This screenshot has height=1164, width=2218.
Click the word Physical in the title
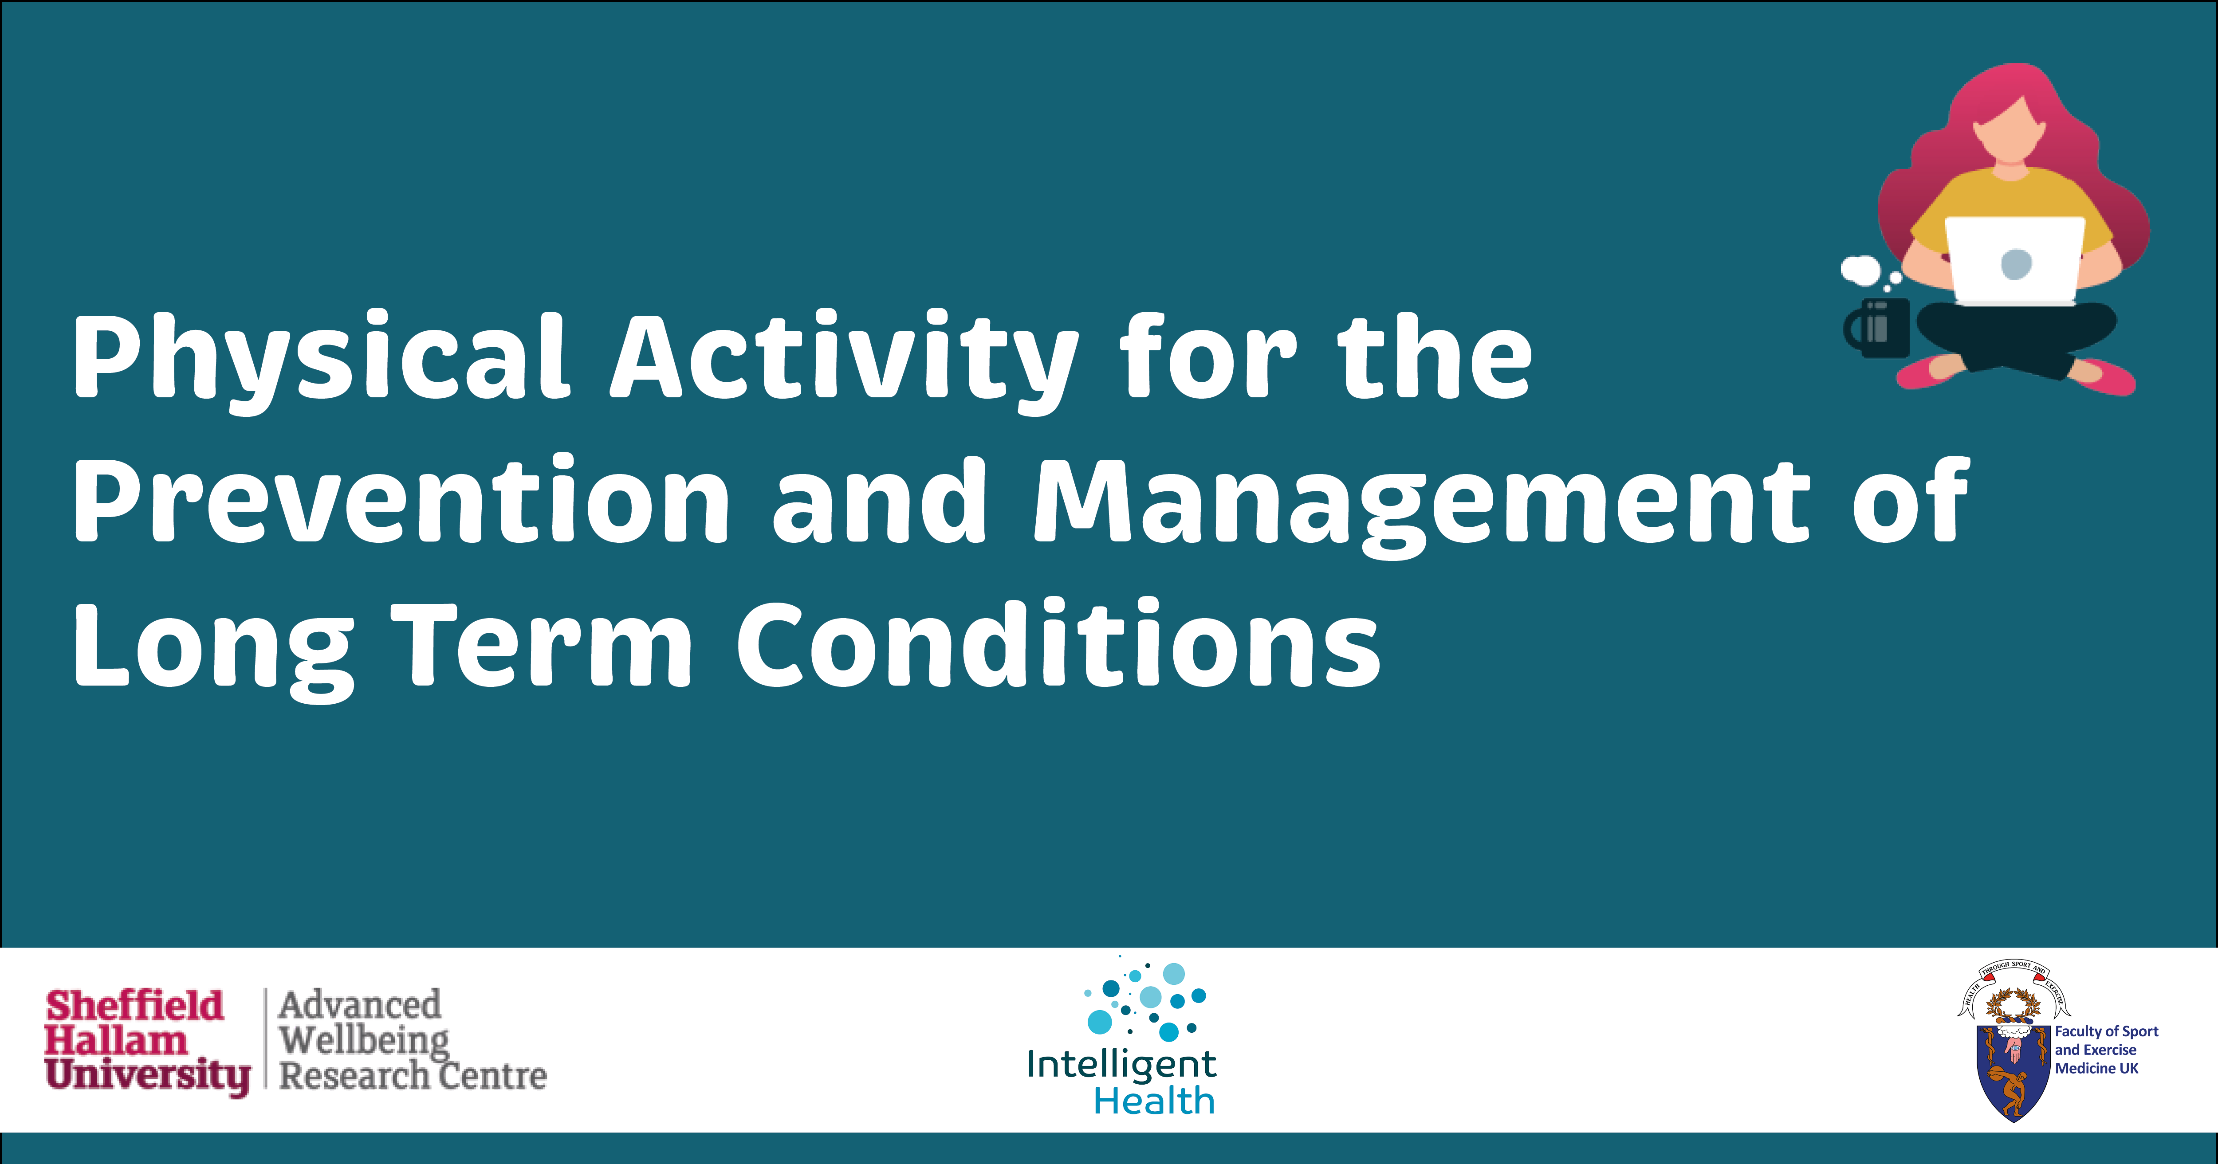pos(319,357)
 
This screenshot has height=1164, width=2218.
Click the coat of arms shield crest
pos(2013,1068)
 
